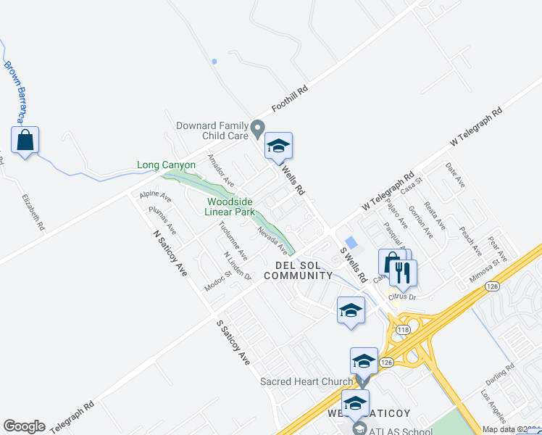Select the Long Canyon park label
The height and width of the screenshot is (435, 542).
[166, 165]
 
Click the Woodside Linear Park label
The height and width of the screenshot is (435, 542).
[230, 207]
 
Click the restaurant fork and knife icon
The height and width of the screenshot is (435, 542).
[403, 273]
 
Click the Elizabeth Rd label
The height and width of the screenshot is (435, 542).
[33, 211]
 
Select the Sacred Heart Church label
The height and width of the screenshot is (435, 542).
[307, 381]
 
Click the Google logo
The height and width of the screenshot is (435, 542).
[24, 426]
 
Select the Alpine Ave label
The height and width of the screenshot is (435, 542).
[155, 196]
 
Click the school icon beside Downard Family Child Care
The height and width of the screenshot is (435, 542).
[278, 146]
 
